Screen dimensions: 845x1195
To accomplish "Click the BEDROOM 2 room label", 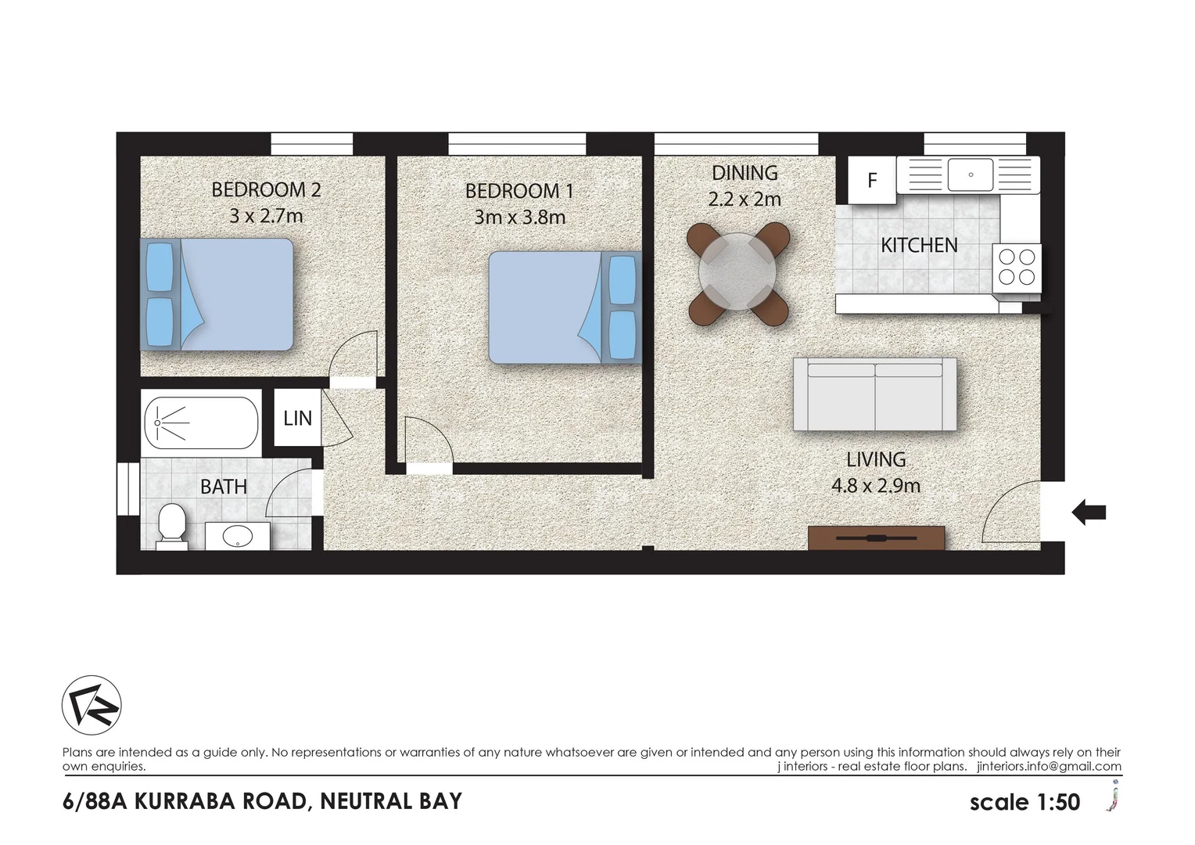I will coord(266,189).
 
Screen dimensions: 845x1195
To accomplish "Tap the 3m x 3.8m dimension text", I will coord(519,217).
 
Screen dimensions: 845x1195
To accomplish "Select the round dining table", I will coord(737,271).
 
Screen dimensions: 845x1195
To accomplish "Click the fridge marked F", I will coord(872,180).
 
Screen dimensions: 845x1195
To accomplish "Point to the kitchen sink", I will coord(970,174).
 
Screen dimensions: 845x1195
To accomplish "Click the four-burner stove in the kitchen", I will coord(1017,267).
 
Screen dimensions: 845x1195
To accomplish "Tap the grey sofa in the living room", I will coord(874,394).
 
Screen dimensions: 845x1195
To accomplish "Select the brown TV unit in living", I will coord(876,538).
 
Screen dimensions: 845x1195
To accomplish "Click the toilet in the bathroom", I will coord(170,523).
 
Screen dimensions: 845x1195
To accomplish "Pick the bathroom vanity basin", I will coord(237,536).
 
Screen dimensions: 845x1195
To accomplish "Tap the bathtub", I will coord(201,422).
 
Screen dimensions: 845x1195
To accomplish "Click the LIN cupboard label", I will coord(297,419).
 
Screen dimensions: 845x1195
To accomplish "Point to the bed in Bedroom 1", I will coord(563,307).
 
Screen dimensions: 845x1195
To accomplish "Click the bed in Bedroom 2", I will coord(217,294).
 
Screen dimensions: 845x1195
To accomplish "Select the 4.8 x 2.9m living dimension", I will coord(875,486).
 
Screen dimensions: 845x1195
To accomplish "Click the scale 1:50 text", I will coord(1025,802).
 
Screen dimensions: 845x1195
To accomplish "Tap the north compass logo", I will coord(92,705).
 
